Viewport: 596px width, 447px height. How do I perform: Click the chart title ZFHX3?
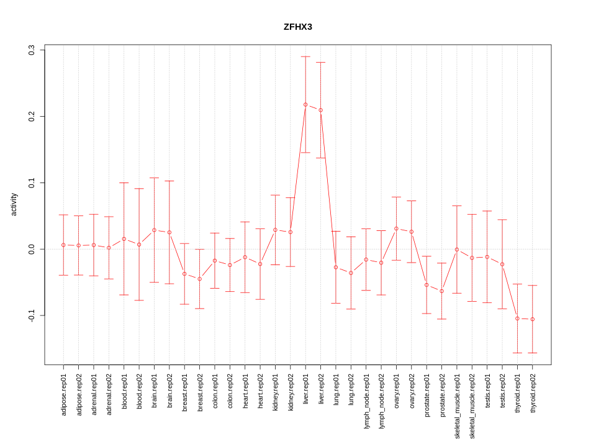click(x=298, y=27)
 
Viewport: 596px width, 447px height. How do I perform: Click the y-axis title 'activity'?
click(x=14, y=204)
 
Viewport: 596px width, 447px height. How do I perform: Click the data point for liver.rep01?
click(x=305, y=104)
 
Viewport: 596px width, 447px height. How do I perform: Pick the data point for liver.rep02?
click(x=320, y=110)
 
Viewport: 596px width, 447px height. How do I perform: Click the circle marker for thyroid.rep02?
click(x=532, y=319)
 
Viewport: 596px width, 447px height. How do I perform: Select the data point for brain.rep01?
click(x=154, y=230)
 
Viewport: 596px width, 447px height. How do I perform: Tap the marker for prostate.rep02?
click(x=441, y=291)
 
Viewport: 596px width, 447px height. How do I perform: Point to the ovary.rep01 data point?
click(x=396, y=228)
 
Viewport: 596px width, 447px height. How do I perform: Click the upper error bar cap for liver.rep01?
click(x=305, y=56)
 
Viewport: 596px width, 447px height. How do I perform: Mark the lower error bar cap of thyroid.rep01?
click(x=517, y=353)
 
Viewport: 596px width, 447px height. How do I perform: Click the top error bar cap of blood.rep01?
click(x=124, y=183)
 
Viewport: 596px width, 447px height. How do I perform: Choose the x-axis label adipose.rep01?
click(x=64, y=394)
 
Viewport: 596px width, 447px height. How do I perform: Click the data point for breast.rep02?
click(x=199, y=279)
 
